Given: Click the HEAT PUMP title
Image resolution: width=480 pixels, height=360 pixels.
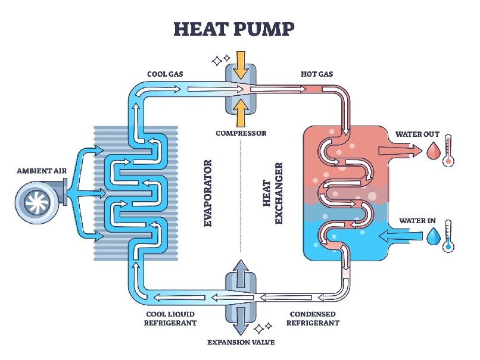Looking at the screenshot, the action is click(x=234, y=29).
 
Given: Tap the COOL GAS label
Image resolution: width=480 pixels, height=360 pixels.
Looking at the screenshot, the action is click(x=166, y=74).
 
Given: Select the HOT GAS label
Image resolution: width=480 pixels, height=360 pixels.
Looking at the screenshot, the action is click(x=317, y=74).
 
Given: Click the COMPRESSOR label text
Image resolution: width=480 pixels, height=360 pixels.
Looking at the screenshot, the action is click(x=241, y=133).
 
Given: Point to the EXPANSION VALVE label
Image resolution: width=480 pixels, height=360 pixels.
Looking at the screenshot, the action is click(x=241, y=342).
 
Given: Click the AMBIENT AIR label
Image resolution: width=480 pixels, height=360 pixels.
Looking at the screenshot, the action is click(x=42, y=171).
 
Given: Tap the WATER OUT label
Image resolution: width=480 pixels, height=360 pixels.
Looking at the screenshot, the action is click(x=417, y=134).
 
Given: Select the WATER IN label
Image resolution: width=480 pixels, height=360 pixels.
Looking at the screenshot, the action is click(x=417, y=221).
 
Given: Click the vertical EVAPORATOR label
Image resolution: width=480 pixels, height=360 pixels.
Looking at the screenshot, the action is click(x=208, y=193).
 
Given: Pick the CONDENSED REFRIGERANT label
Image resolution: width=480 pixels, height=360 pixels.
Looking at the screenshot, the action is click(x=313, y=318).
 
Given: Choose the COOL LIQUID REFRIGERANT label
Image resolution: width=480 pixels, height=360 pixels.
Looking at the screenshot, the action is click(x=170, y=318).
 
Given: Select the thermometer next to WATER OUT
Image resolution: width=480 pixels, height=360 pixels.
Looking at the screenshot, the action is click(x=448, y=151).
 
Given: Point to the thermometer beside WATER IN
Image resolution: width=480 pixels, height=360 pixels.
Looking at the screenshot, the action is click(x=448, y=236).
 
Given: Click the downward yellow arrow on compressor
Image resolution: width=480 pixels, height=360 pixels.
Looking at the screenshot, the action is click(x=241, y=65).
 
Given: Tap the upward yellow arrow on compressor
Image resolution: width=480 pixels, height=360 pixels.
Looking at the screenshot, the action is click(x=241, y=113).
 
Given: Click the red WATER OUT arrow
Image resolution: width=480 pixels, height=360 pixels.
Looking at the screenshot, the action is click(x=401, y=151).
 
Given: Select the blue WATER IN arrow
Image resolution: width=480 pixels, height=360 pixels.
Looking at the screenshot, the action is click(x=401, y=236).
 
